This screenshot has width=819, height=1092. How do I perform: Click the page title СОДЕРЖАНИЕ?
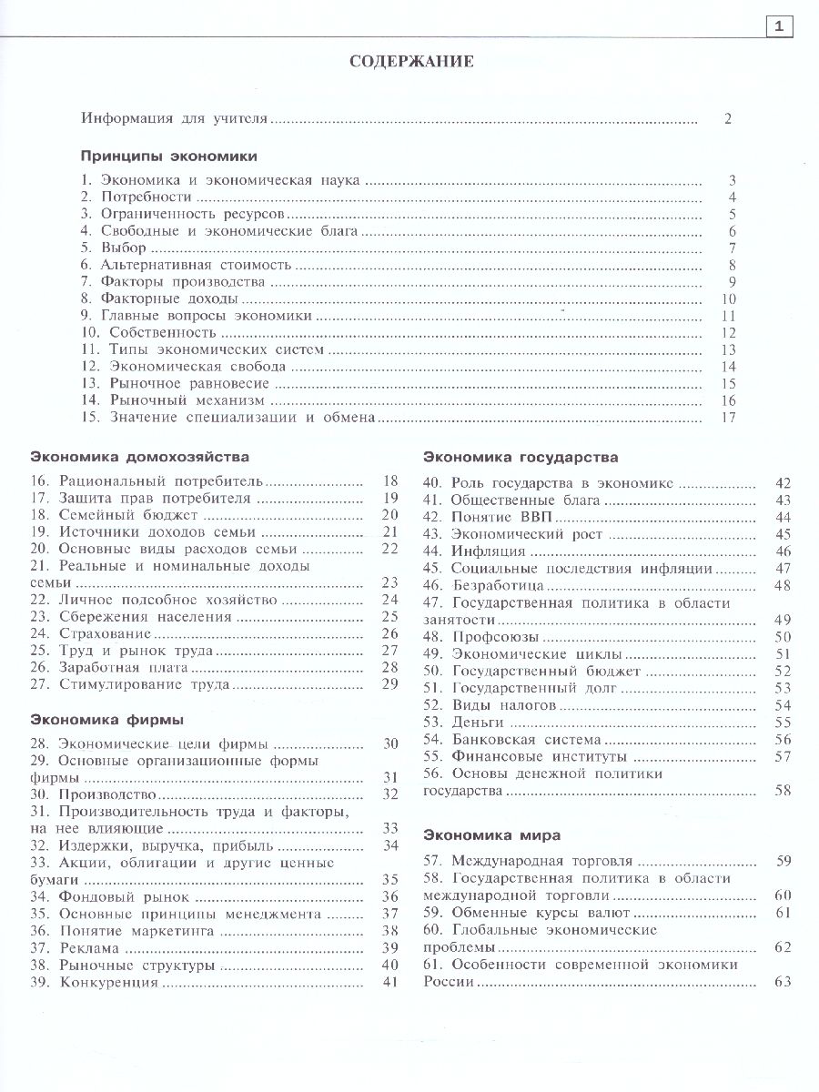[411, 63]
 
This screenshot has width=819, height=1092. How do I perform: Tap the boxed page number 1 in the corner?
[779, 26]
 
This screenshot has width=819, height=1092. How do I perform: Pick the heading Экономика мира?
[492, 834]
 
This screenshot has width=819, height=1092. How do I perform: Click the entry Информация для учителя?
[175, 118]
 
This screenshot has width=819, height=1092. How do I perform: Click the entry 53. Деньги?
[470, 722]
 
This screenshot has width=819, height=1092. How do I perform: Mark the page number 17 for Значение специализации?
[726, 418]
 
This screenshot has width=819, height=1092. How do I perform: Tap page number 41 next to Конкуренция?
[390, 982]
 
